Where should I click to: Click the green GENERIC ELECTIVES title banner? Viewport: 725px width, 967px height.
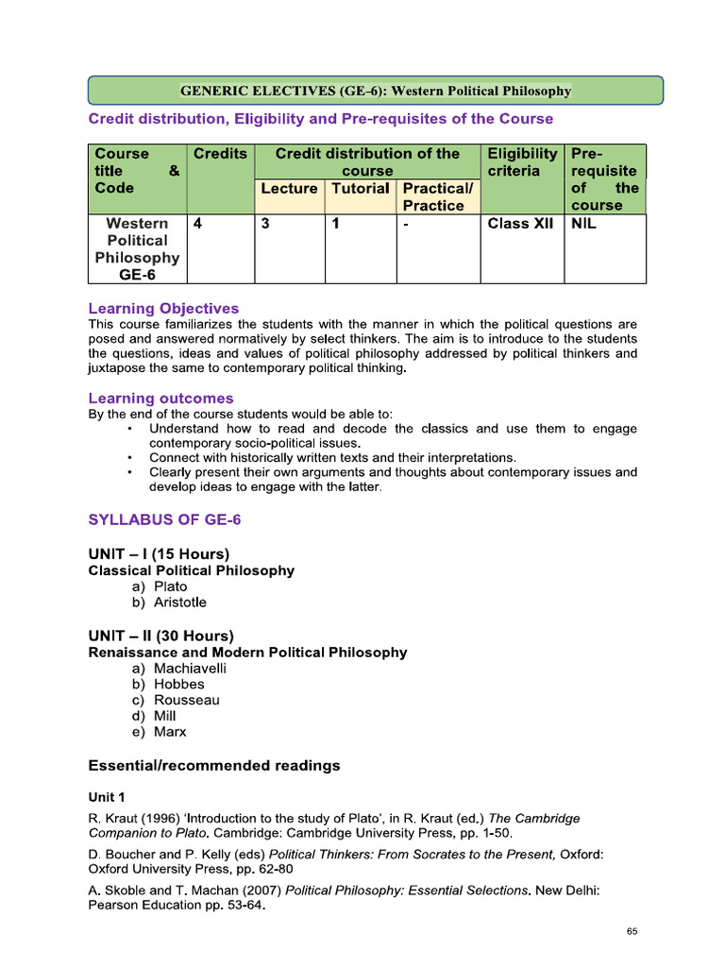[x=376, y=91]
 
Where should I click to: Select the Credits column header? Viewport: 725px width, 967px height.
[x=220, y=154]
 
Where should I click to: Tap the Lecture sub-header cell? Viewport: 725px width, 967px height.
[x=289, y=189]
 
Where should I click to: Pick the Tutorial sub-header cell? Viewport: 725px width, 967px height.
[x=361, y=189]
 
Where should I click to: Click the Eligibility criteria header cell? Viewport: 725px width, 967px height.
[x=522, y=162]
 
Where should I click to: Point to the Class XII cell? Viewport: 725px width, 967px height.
[x=520, y=225]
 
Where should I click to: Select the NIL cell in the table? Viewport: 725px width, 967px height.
[x=584, y=225]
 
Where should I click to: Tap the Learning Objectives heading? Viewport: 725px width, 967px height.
[x=163, y=309]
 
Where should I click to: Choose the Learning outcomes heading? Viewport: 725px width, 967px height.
[x=160, y=399]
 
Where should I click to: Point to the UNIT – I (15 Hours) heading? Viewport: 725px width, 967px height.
[x=159, y=554]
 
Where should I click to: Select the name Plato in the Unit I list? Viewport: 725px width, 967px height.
[x=171, y=586]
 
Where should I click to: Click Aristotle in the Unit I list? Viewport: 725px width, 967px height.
[x=180, y=602]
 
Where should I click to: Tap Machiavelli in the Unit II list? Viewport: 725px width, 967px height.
[x=191, y=669]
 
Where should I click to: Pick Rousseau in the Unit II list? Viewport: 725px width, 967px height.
[x=187, y=700]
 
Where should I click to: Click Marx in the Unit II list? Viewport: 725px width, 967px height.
[x=171, y=732]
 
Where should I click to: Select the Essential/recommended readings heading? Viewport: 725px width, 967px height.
[x=214, y=766]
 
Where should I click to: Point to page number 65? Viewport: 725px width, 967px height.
[x=632, y=932]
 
